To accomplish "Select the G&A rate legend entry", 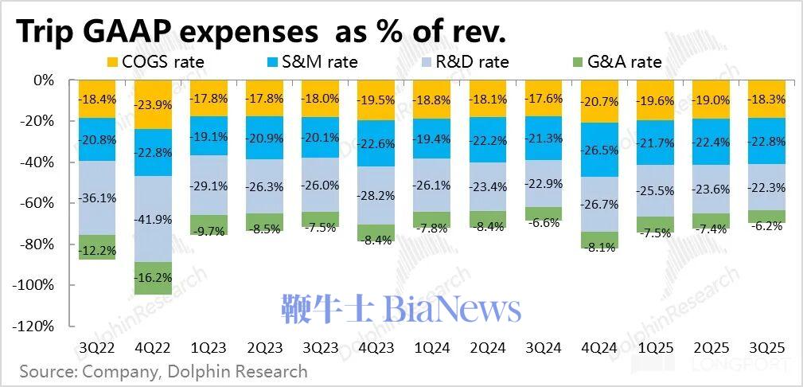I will coord(618,61).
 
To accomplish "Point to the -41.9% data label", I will coord(154,220).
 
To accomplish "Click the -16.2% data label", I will coord(154,279).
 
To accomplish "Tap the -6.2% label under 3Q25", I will coord(767,225).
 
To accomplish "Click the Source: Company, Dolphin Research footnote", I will coord(163,371).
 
